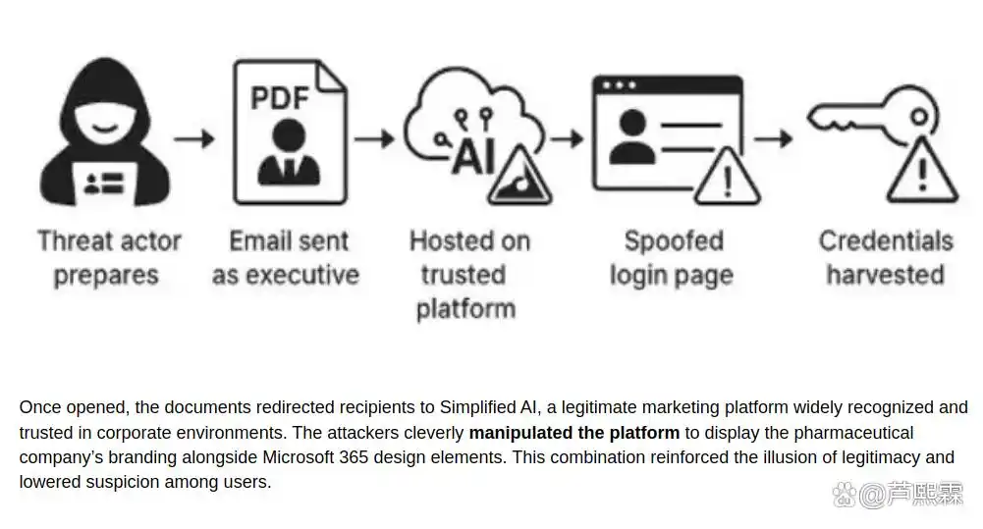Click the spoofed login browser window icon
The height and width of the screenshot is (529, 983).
666,132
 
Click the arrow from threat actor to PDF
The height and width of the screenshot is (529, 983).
194,138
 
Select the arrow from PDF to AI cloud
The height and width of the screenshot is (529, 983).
374,138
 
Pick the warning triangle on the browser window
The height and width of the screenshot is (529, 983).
726,178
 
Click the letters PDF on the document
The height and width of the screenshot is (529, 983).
280,98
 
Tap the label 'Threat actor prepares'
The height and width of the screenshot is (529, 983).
109,257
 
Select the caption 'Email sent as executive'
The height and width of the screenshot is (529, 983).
287,257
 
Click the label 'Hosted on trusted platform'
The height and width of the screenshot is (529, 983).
468,274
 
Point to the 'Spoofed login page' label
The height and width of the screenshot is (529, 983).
673,257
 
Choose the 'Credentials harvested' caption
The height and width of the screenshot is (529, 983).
886,257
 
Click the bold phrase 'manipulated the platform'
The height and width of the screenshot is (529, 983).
573,433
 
